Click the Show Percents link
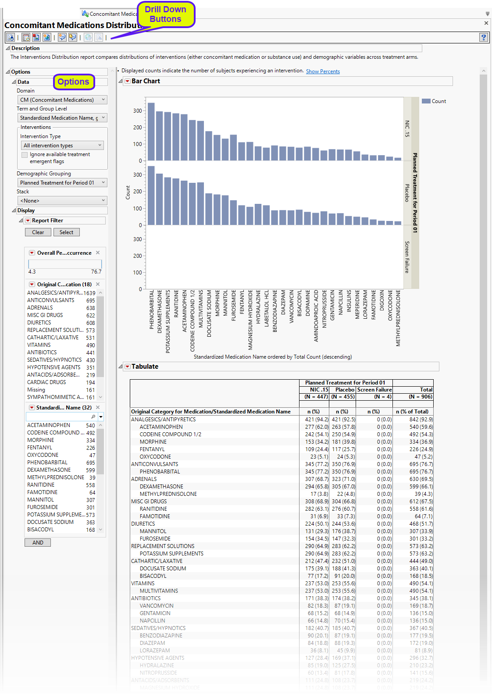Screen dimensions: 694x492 323,71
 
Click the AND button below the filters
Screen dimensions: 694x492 38,542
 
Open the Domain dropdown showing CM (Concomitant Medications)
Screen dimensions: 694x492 62,100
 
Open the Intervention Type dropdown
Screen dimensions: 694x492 62,146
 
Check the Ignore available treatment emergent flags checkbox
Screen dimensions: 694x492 25,155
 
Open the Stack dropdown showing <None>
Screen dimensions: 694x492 62,201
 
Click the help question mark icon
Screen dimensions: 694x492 483,38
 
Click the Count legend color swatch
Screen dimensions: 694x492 426,101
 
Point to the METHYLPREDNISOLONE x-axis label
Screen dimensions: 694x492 398,318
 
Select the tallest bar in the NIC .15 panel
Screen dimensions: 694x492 151,132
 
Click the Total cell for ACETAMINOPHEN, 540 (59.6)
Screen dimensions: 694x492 421,427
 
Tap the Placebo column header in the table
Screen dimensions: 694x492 344,390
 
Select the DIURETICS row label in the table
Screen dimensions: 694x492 143,524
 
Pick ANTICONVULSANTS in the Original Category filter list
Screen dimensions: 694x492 51,300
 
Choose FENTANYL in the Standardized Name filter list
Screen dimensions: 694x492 40,448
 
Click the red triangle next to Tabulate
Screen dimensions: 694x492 128,367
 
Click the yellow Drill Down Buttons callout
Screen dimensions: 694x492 166,14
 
